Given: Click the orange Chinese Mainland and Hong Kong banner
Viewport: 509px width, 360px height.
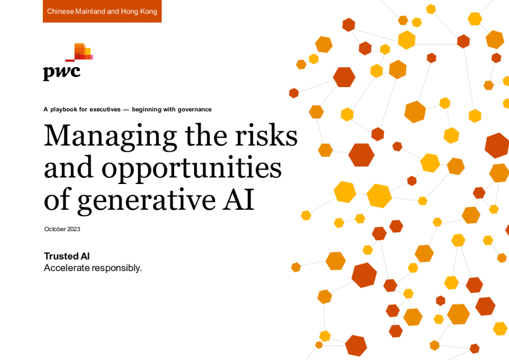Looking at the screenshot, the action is pos(102,11).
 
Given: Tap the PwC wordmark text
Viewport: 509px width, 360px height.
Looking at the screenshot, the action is pos(62,72).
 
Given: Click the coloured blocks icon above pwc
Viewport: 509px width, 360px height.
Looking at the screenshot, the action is pos(79,52).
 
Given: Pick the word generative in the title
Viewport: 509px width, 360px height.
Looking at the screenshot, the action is pos(146,200).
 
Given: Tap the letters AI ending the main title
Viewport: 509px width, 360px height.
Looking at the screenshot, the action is pos(238,199).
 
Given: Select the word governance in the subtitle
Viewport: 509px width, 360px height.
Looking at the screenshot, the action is pos(195,110).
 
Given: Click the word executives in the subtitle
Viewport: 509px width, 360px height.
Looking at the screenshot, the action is pos(105,110).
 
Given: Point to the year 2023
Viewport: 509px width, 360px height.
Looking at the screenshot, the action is pos(74,229).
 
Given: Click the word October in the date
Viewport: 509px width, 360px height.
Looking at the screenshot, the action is pos(55,229).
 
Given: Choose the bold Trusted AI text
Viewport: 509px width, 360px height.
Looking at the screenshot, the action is pos(67,256).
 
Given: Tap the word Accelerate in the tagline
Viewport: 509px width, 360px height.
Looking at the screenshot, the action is pos(67,267).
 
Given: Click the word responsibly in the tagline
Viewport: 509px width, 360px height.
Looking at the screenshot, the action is pos(117,268).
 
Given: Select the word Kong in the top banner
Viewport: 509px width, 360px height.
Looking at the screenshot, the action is pos(148,11).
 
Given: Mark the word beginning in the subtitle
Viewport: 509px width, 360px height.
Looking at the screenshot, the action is pos(146,110).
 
